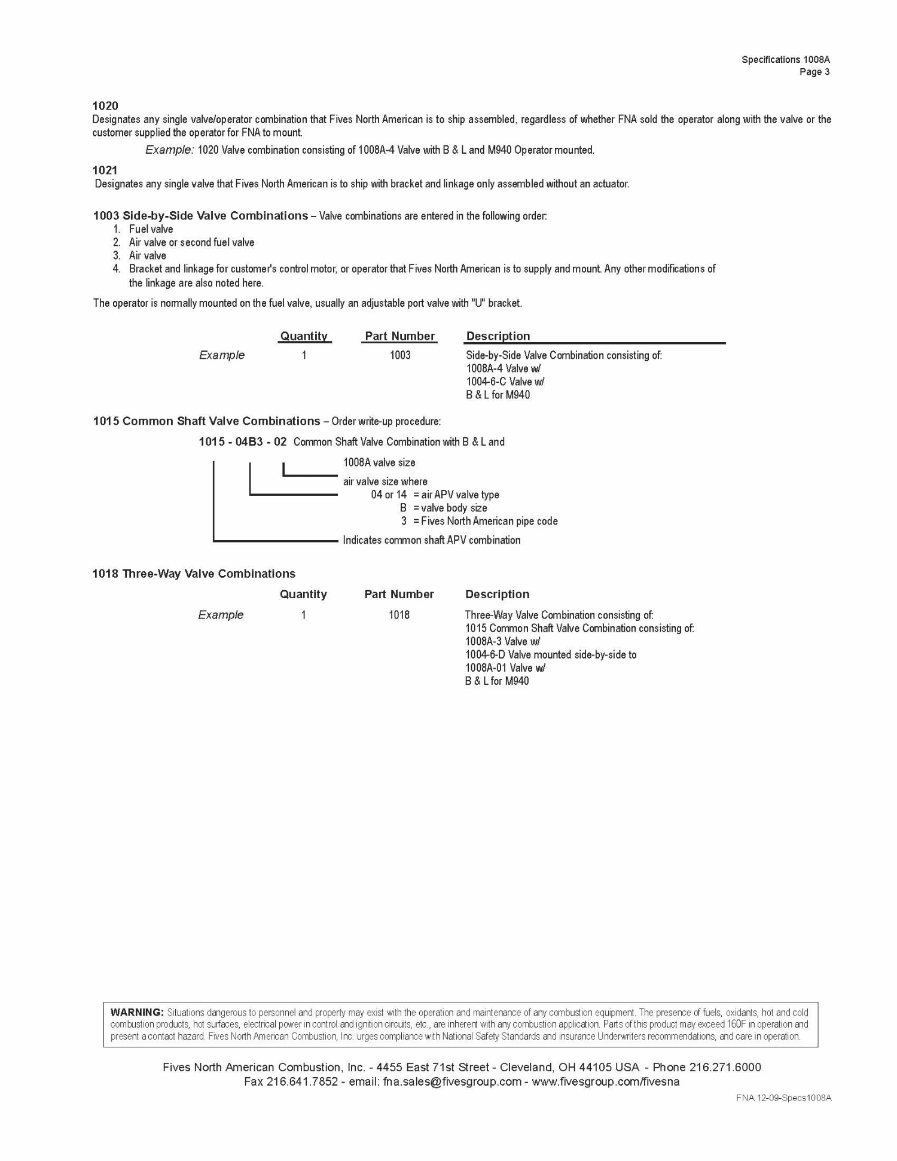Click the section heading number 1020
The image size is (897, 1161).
(x=105, y=106)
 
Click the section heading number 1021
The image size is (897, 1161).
(x=105, y=170)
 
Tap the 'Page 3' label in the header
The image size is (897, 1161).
(x=814, y=72)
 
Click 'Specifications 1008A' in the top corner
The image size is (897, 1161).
(x=785, y=60)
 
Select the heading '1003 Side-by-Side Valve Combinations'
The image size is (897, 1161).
(x=200, y=215)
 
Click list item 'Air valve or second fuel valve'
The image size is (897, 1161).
(x=191, y=242)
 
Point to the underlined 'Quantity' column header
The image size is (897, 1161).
(x=304, y=336)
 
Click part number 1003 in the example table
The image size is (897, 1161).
(x=400, y=355)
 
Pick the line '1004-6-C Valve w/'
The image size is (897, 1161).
(x=505, y=382)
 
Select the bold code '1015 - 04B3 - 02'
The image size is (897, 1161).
(x=243, y=442)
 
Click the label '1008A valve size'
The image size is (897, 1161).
(x=379, y=462)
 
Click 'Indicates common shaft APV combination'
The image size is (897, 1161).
(x=431, y=540)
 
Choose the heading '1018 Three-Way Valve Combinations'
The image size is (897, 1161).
(x=194, y=574)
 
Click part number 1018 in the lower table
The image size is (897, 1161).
(x=399, y=615)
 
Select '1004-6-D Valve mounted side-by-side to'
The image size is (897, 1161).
(x=551, y=655)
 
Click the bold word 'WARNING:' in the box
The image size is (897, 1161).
(x=137, y=1013)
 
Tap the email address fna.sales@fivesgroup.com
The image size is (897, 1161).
(x=452, y=1082)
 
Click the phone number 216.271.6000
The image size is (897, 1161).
(x=725, y=1068)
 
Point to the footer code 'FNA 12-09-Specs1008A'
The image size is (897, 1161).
(x=783, y=1098)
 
